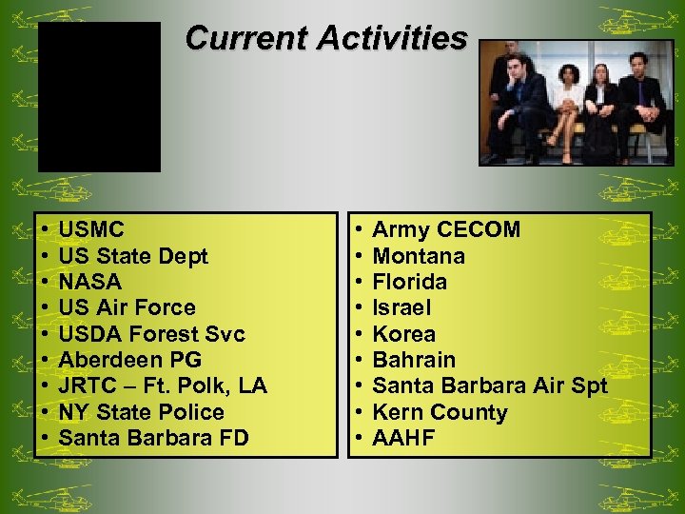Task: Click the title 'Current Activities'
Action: (x=326, y=38)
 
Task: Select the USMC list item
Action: (x=91, y=229)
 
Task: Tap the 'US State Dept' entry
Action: (x=133, y=256)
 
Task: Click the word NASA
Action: (x=90, y=282)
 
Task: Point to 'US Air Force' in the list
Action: (x=127, y=307)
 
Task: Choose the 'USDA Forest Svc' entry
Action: (x=151, y=334)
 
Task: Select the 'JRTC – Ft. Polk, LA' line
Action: (x=163, y=385)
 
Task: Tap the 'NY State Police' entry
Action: (x=141, y=412)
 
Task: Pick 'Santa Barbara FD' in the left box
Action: (x=154, y=438)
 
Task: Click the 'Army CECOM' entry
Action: (x=446, y=229)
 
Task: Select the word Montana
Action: (x=419, y=256)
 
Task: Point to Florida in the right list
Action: (x=409, y=282)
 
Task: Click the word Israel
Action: (x=401, y=307)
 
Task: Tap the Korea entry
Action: (x=404, y=334)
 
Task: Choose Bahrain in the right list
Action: (x=414, y=360)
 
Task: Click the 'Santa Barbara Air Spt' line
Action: (x=489, y=385)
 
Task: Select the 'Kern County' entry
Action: (x=440, y=412)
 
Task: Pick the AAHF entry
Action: (x=403, y=438)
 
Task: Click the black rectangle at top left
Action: (x=99, y=97)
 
